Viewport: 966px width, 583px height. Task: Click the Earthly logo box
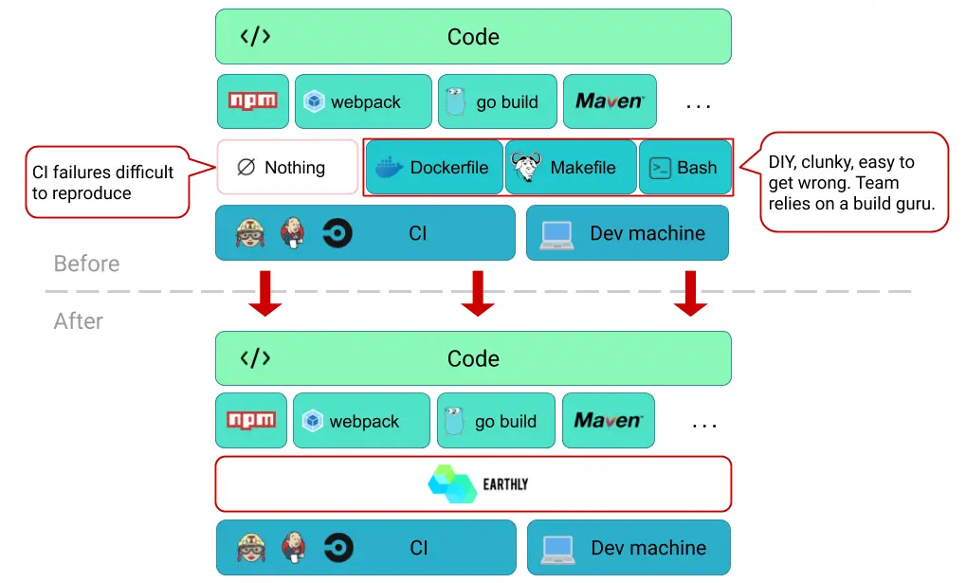pyautogui.click(x=473, y=483)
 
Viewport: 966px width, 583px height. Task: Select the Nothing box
pyautogui.click(x=287, y=167)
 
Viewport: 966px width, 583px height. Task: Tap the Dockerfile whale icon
pyautogui.click(x=389, y=167)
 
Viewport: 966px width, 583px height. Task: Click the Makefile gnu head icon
pyautogui.click(x=527, y=167)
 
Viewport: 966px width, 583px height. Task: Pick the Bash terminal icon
pyautogui.click(x=660, y=168)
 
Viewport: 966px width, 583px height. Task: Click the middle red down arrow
pyautogui.click(x=478, y=293)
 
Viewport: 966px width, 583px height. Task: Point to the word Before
pyautogui.click(x=86, y=264)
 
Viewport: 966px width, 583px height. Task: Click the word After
pyautogui.click(x=79, y=321)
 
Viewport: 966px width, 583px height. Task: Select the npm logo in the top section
pyautogui.click(x=252, y=100)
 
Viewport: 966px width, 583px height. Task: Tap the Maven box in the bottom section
pyautogui.click(x=609, y=420)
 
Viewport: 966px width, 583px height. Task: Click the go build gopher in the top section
pyautogui.click(x=455, y=101)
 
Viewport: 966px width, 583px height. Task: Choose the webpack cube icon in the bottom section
pyautogui.click(x=312, y=421)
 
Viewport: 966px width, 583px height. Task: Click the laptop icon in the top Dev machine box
pyautogui.click(x=556, y=235)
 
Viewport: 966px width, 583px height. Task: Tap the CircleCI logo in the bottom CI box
pyautogui.click(x=338, y=547)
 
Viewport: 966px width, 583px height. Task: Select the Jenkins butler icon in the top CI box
pyautogui.click(x=293, y=232)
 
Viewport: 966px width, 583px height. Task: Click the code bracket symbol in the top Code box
pyautogui.click(x=255, y=36)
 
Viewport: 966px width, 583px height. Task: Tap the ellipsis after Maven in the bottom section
pyautogui.click(x=703, y=426)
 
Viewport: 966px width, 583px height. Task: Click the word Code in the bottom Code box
pyautogui.click(x=473, y=358)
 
